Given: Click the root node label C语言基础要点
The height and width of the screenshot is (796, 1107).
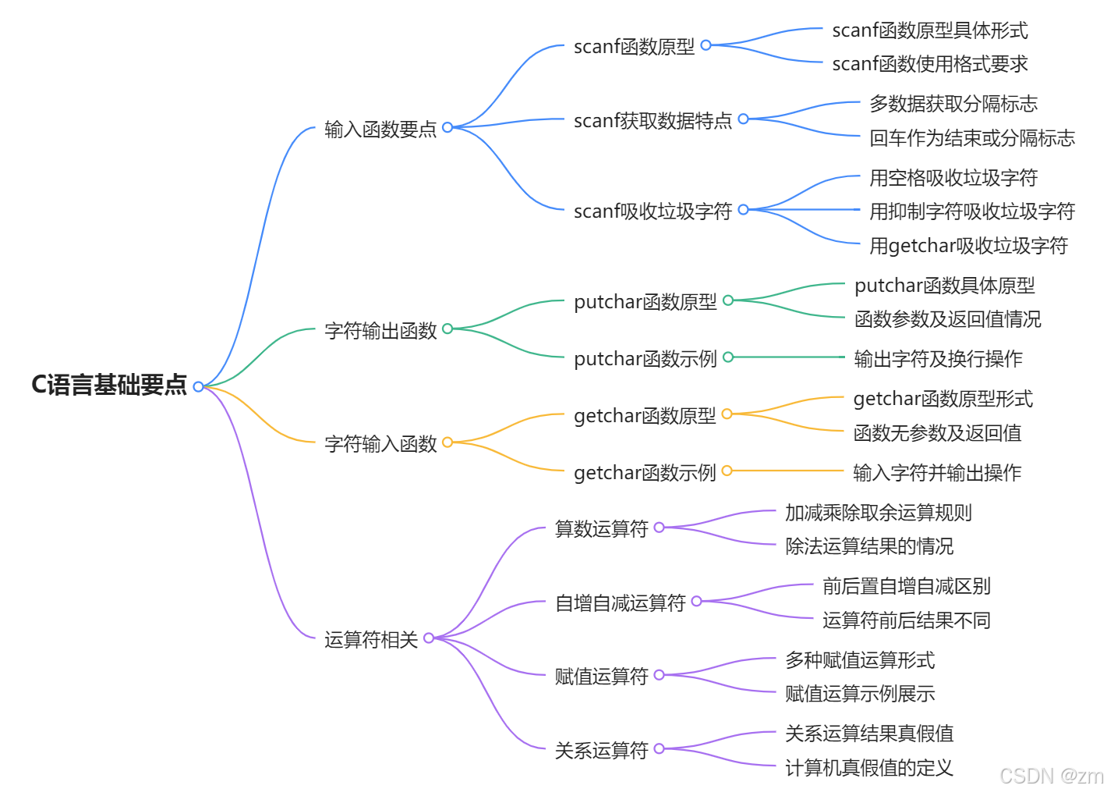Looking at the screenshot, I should (109, 385).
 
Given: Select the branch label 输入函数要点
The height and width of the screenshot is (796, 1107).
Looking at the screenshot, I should (380, 129).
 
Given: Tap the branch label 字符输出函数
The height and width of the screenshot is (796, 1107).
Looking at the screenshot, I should (380, 331).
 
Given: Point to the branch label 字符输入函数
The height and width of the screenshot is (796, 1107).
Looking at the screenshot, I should (380, 444).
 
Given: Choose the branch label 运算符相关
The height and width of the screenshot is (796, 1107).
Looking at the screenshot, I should (371, 640).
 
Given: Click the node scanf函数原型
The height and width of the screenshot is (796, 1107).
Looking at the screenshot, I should (634, 47).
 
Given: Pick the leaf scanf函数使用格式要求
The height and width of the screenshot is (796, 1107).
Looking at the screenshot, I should (930, 64).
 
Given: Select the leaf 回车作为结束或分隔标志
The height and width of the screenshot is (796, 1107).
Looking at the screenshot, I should (972, 138).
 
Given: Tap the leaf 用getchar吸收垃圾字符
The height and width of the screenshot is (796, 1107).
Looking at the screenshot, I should (968, 246).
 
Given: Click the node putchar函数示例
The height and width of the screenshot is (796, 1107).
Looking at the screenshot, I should (645, 359).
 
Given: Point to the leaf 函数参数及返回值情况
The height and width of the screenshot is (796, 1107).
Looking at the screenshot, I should (947, 319).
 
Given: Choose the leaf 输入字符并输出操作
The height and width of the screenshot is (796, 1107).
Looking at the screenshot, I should (937, 473).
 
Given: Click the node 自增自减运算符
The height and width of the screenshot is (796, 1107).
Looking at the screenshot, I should (620, 603).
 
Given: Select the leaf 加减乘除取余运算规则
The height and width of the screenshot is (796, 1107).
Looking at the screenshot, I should (879, 513).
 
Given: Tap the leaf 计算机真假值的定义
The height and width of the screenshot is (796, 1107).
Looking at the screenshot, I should (869, 768).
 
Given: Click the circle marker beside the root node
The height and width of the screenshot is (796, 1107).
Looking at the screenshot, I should (198, 386).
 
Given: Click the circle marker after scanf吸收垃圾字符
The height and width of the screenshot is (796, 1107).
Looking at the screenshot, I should (743, 209).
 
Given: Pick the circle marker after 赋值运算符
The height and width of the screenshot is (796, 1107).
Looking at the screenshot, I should (659, 675).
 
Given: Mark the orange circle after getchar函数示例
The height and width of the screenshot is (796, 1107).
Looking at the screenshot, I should (727, 471).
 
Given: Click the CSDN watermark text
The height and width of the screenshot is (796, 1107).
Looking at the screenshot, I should (1051, 776).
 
